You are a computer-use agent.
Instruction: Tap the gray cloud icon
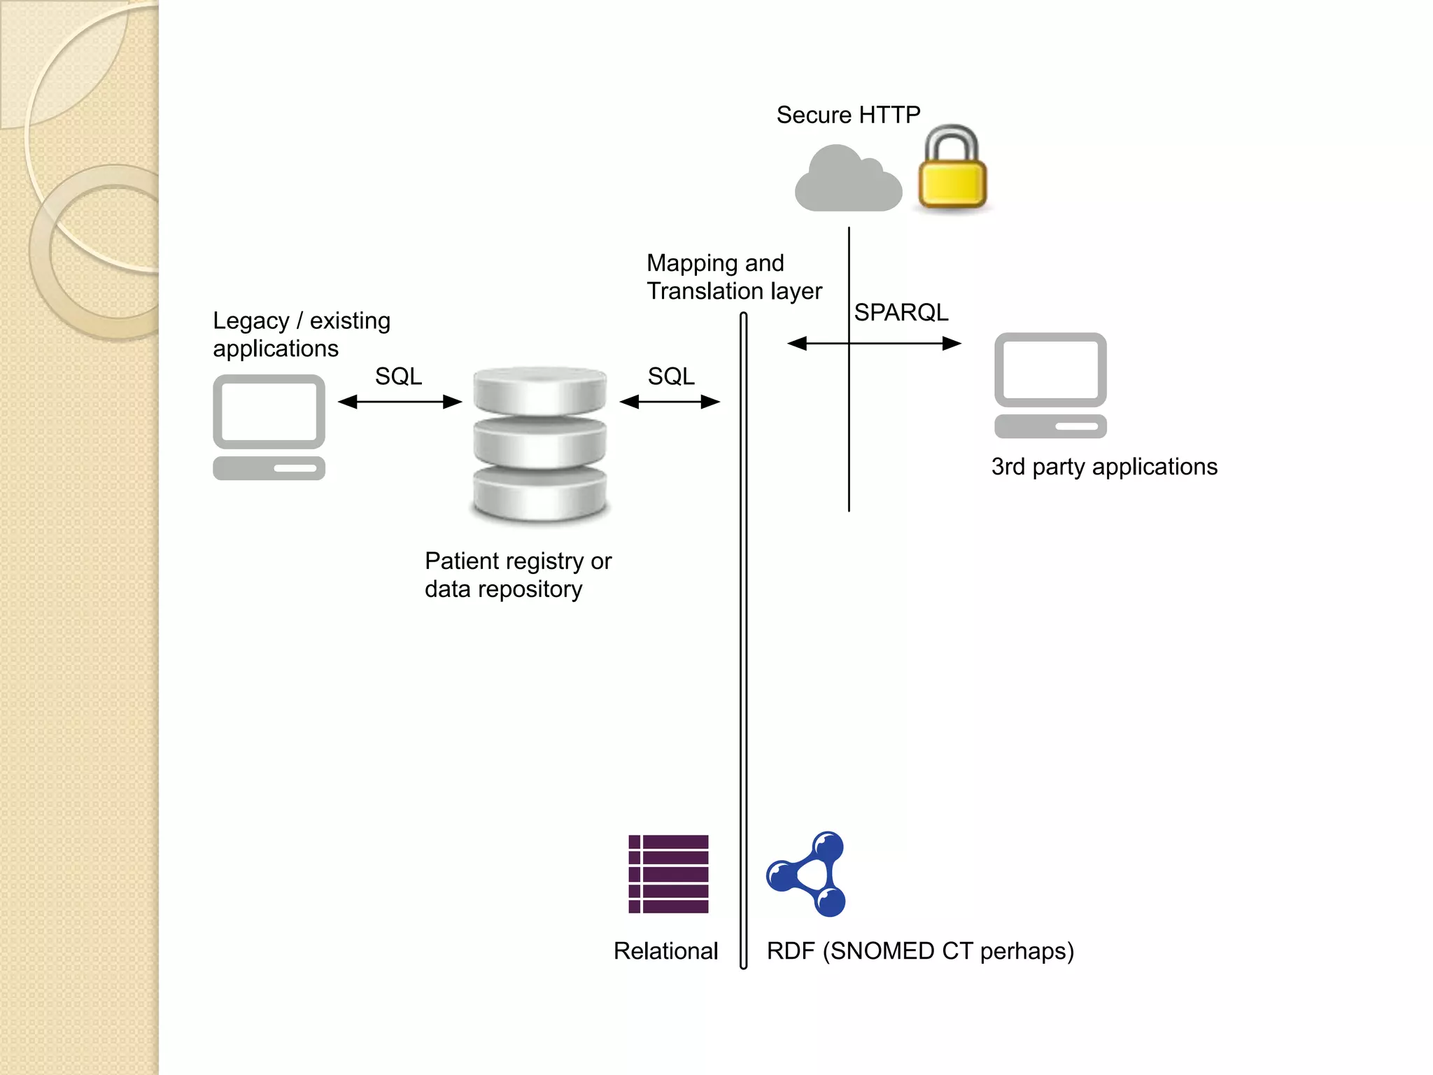[x=847, y=181]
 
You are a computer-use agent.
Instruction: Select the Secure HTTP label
[x=848, y=115]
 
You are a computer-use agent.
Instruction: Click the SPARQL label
[x=901, y=312]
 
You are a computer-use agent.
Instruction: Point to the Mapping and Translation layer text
[x=733, y=277]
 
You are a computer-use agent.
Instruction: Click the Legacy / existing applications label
[x=301, y=335]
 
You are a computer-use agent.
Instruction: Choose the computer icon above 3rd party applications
[x=1050, y=385]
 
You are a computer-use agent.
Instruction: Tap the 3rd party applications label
[x=1103, y=467]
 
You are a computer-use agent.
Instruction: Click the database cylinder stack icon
[x=539, y=444]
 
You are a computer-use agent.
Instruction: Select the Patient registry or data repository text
[x=518, y=575]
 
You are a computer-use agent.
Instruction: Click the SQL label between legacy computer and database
[x=398, y=377]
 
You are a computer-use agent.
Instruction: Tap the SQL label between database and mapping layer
[x=670, y=377]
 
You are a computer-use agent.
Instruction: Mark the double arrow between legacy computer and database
[x=400, y=402]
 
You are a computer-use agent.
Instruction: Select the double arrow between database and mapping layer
[x=670, y=402]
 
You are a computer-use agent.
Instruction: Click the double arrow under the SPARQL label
[x=874, y=344]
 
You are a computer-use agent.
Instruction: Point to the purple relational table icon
[x=668, y=874]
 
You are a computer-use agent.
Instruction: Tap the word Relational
[x=665, y=951]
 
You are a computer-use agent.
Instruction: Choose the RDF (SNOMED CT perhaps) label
[x=919, y=951]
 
